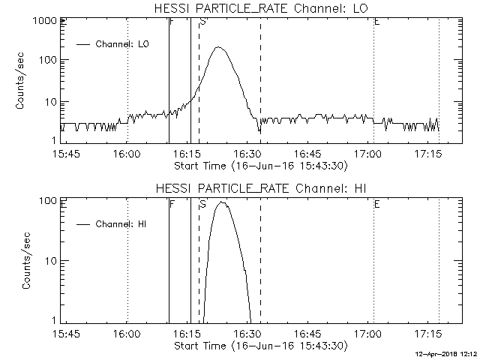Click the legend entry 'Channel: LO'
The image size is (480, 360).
124,44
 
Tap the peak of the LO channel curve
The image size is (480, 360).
218,47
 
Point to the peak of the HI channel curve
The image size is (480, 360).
221,202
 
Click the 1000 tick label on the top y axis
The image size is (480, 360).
42,22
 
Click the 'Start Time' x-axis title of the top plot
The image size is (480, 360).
259,164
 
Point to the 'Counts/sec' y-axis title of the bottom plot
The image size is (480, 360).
26,260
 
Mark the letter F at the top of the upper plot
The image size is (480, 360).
172,22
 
